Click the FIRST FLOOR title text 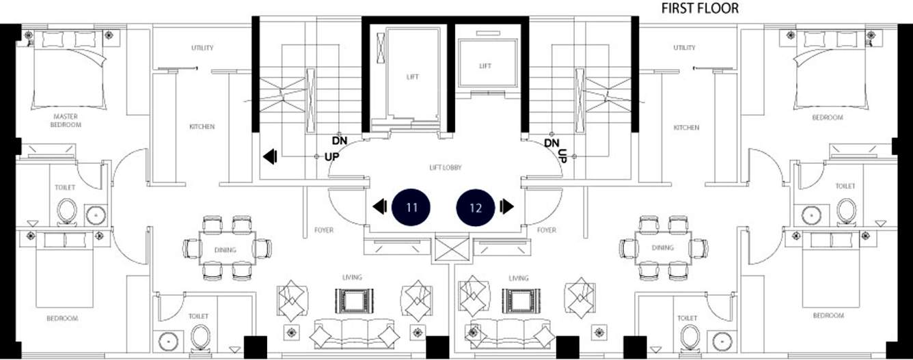(699, 8)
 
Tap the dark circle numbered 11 (411, 207)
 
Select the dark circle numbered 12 (476, 208)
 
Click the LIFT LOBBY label (446, 167)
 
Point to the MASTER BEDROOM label (66, 120)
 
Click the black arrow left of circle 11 (380, 206)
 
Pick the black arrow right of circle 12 (506, 206)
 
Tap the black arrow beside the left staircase (270, 157)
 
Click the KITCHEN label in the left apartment (202, 126)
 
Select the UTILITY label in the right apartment (684, 48)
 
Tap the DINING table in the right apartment (663, 247)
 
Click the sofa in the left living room (354, 334)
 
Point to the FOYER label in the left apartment (324, 230)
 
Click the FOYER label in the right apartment (547, 230)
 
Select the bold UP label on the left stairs (331, 157)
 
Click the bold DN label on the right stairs (551, 143)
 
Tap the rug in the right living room (521, 301)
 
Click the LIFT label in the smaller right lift (485, 66)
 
